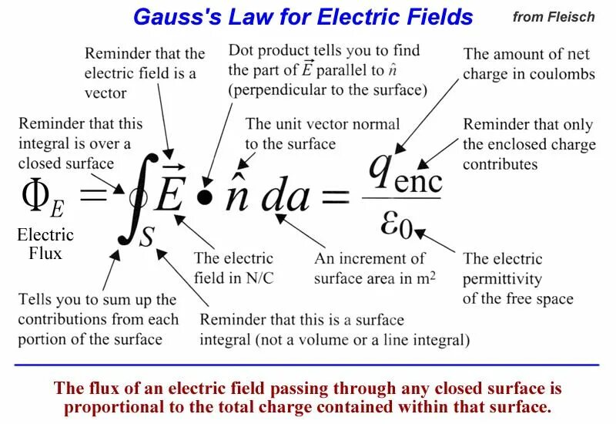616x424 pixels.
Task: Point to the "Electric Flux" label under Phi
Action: (x=45, y=244)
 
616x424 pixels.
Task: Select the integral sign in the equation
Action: (x=129, y=202)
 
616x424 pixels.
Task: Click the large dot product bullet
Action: (x=203, y=197)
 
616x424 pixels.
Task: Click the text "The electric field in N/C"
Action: (x=233, y=268)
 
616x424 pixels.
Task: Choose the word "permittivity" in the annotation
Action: (x=502, y=278)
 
